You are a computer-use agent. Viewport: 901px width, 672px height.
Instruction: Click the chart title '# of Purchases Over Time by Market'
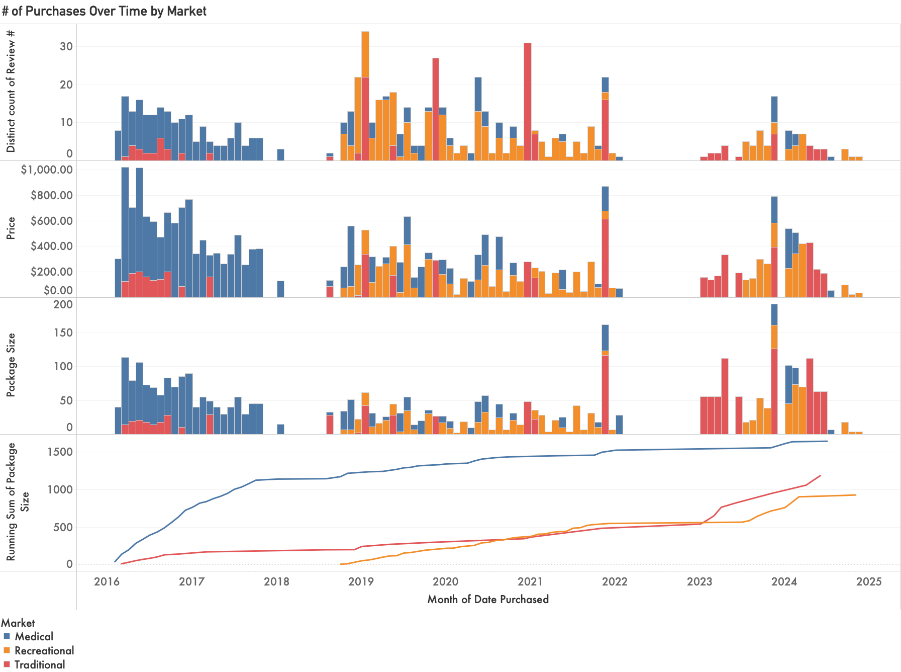coord(104,11)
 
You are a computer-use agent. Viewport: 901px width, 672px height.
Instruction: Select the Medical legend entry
coord(34,637)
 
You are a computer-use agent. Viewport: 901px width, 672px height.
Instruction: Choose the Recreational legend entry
coord(44,651)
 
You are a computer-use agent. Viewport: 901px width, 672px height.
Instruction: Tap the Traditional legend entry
coord(39,664)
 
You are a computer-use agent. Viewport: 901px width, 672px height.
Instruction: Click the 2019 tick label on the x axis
coord(361,582)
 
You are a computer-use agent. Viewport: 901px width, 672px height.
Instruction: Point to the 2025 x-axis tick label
coord(869,582)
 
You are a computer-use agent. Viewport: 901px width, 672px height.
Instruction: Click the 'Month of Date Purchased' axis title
coord(488,600)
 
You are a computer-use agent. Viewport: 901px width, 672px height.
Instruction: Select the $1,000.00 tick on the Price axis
coord(47,170)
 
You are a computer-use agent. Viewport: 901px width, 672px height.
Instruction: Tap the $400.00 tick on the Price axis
coord(51,246)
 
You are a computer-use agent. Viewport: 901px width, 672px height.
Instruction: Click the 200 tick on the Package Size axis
coord(63,304)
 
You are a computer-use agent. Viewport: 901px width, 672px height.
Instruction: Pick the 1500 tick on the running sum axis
coord(60,452)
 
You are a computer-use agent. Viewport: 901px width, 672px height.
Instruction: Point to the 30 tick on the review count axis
coord(66,46)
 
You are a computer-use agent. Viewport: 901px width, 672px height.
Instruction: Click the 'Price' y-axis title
coord(11,228)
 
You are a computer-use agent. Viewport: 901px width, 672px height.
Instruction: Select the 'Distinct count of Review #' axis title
coord(11,91)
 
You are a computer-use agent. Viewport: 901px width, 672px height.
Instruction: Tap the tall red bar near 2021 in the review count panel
coord(528,101)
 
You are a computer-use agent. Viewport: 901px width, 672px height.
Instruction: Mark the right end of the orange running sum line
coord(856,495)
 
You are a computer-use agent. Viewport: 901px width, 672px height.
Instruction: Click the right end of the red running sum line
coord(820,475)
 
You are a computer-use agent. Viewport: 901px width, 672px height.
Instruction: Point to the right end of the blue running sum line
coord(827,441)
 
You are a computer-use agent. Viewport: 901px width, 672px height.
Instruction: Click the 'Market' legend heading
coord(18,623)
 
